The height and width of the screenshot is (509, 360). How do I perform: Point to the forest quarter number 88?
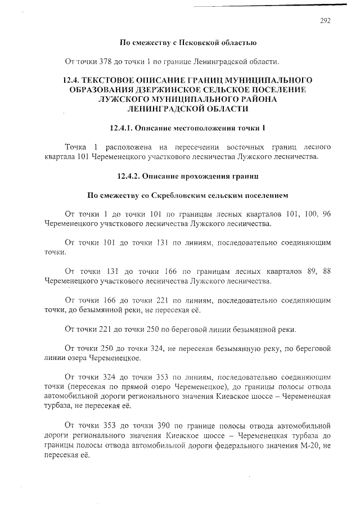(326, 272)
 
